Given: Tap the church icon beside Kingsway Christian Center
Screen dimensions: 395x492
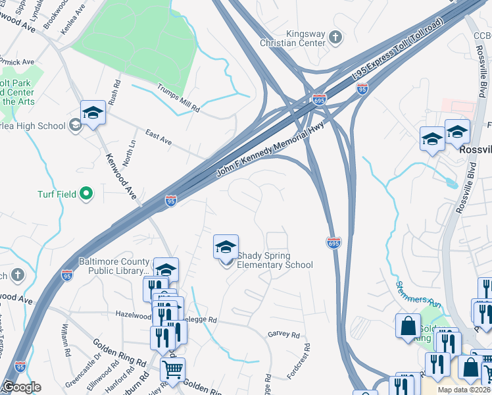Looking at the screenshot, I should pos(335,38).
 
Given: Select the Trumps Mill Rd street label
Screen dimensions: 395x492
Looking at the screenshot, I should pos(178,97).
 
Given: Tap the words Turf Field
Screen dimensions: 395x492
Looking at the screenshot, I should pos(57,194).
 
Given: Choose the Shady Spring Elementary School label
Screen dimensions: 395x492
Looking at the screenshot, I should pos(274,261).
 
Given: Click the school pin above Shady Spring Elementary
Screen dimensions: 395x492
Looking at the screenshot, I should pos(226,248).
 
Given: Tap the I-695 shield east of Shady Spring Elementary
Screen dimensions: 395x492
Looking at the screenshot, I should pos(333,243).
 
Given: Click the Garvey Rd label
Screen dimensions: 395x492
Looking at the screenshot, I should pos(283,334).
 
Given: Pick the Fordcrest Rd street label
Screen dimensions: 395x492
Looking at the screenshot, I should pos(307,359).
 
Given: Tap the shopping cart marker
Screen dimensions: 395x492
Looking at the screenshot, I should pos(172,371).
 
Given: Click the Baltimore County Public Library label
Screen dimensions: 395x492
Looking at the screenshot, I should pos(114,266).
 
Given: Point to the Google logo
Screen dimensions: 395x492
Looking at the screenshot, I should pos(22,387).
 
